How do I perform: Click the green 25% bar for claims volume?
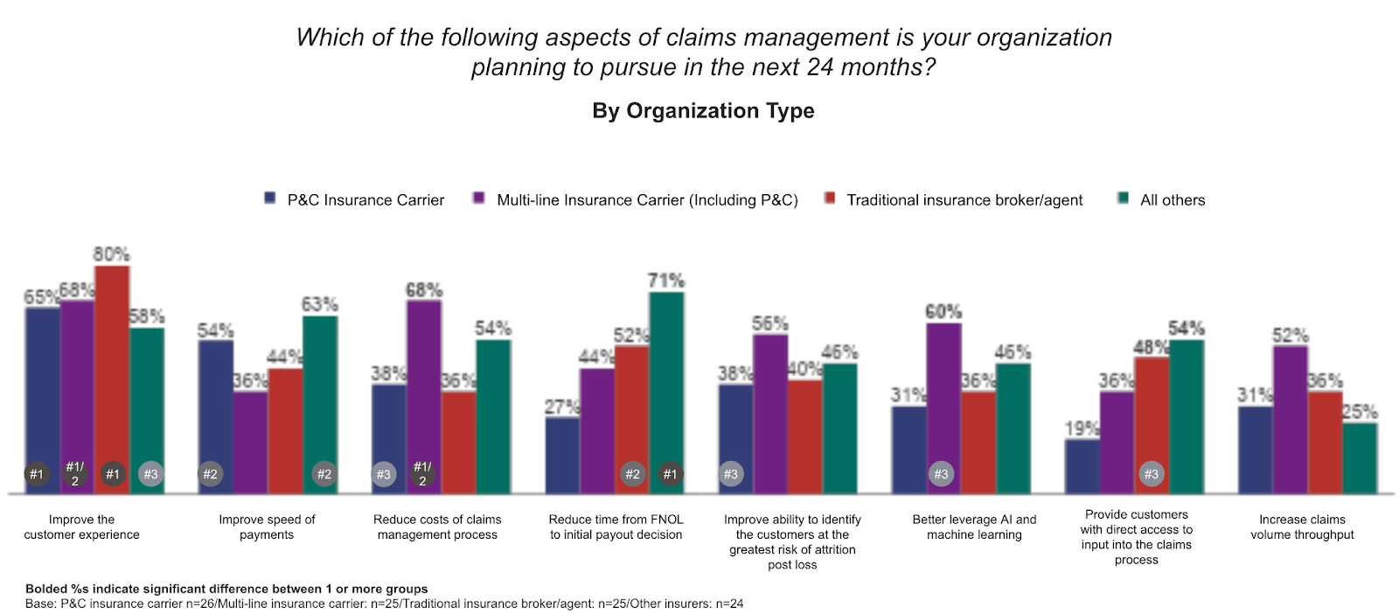[x=1360, y=458]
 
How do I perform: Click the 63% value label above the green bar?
[x=319, y=304]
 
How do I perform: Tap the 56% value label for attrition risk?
[x=769, y=324]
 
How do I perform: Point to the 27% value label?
[x=562, y=407]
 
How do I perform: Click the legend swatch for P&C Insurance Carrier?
[x=270, y=199]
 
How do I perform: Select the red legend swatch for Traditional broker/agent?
[x=830, y=199]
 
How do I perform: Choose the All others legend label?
[x=1172, y=200]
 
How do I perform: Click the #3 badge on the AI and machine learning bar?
[x=941, y=474]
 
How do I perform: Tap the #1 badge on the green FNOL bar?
[x=670, y=474]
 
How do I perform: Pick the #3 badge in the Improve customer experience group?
[x=150, y=474]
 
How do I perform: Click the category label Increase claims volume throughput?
[x=1302, y=527]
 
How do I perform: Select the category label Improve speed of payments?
[x=267, y=527]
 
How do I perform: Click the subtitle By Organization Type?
[x=703, y=111]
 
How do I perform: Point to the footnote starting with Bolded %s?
[x=226, y=589]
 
